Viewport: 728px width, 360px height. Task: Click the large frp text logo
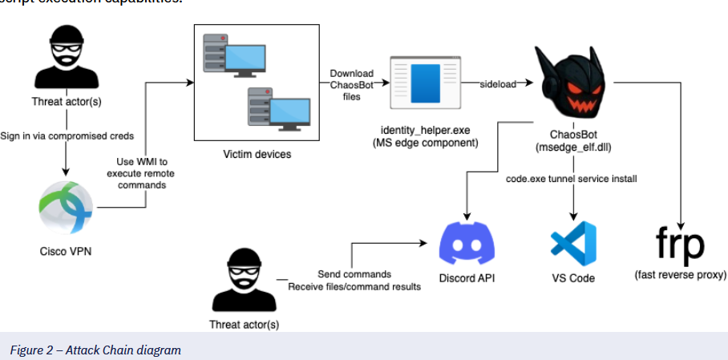point(680,243)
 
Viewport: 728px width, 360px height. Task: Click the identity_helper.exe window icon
point(424,83)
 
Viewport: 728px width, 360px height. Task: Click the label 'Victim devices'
point(257,152)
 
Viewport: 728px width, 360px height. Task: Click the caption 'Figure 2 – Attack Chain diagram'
point(95,350)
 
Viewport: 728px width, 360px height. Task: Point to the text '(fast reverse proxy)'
point(680,275)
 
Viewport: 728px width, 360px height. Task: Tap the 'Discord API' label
point(468,278)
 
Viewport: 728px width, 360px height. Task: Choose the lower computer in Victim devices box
point(277,110)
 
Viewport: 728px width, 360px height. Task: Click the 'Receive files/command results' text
point(354,286)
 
